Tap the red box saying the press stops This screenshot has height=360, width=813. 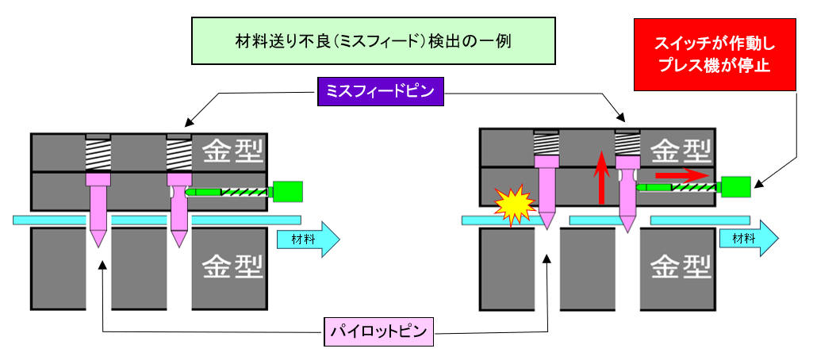tap(714, 55)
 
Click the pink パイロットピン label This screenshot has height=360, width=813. tap(380, 331)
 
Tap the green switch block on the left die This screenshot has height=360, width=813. tap(287, 191)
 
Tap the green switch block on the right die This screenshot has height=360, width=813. tap(737, 186)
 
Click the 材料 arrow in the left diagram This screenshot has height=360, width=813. tap(308, 239)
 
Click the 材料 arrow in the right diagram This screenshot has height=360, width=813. tap(749, 238)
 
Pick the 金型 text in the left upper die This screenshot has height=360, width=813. tap(232, 151)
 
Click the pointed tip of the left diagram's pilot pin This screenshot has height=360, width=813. tap(98, 243)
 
